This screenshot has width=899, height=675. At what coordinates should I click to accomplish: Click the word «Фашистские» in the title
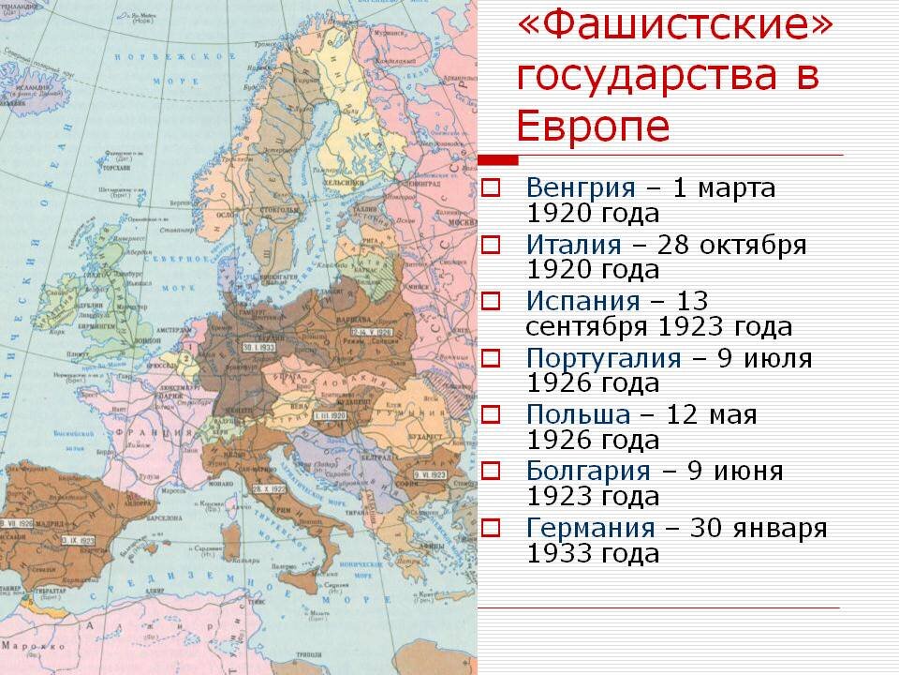coord(673,28)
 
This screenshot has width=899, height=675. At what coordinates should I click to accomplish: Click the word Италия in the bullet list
coord(573,245)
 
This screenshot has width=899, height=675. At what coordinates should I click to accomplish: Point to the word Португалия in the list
coord(603,357)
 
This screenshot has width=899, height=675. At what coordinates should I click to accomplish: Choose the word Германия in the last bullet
coord(591,528)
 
